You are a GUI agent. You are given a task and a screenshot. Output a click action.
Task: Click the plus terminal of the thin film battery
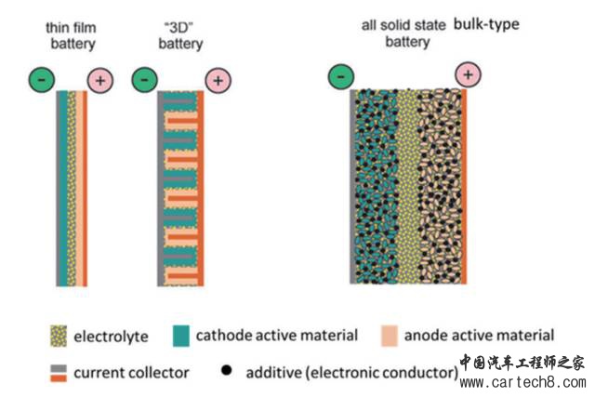99,81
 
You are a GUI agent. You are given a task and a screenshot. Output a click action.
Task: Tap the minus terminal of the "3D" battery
144,80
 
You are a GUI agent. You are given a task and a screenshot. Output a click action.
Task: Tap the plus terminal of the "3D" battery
218,81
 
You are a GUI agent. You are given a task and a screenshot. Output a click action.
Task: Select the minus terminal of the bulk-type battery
341,74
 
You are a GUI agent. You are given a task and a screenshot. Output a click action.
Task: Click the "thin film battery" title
71,36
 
